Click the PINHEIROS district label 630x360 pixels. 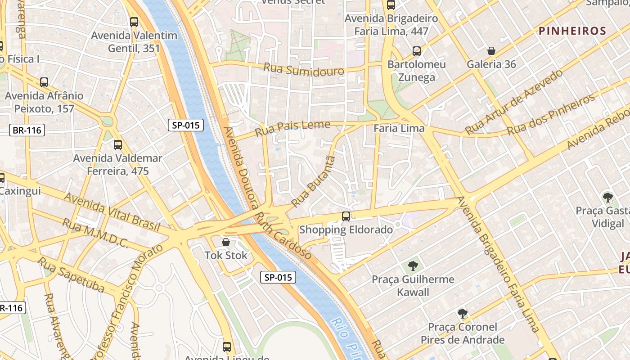pos(572,31)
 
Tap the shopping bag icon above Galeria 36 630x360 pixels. pos(491,51)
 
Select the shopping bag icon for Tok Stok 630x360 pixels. pos(226,243)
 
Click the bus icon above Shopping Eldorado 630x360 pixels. pos(346,216)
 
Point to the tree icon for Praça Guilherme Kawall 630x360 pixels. pos(413,266)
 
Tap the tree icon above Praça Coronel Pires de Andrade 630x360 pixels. pos(462,314)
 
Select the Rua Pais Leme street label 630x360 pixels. pos(292,128)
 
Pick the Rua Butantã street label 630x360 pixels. pos(314,182)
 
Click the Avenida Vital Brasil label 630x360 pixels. pos(112,213)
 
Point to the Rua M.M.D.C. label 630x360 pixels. pos(95,233)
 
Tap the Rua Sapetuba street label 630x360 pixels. pos(71,274)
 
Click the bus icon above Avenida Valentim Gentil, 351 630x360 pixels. pos(134,22)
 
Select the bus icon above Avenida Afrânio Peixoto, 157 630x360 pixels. pos(44,82)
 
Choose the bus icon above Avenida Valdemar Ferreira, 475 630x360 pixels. pos(117,145)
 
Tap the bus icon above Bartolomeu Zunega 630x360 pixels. pos(417,51)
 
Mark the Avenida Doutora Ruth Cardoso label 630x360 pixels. pos(266,193)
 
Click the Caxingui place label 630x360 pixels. pos(20,191)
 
